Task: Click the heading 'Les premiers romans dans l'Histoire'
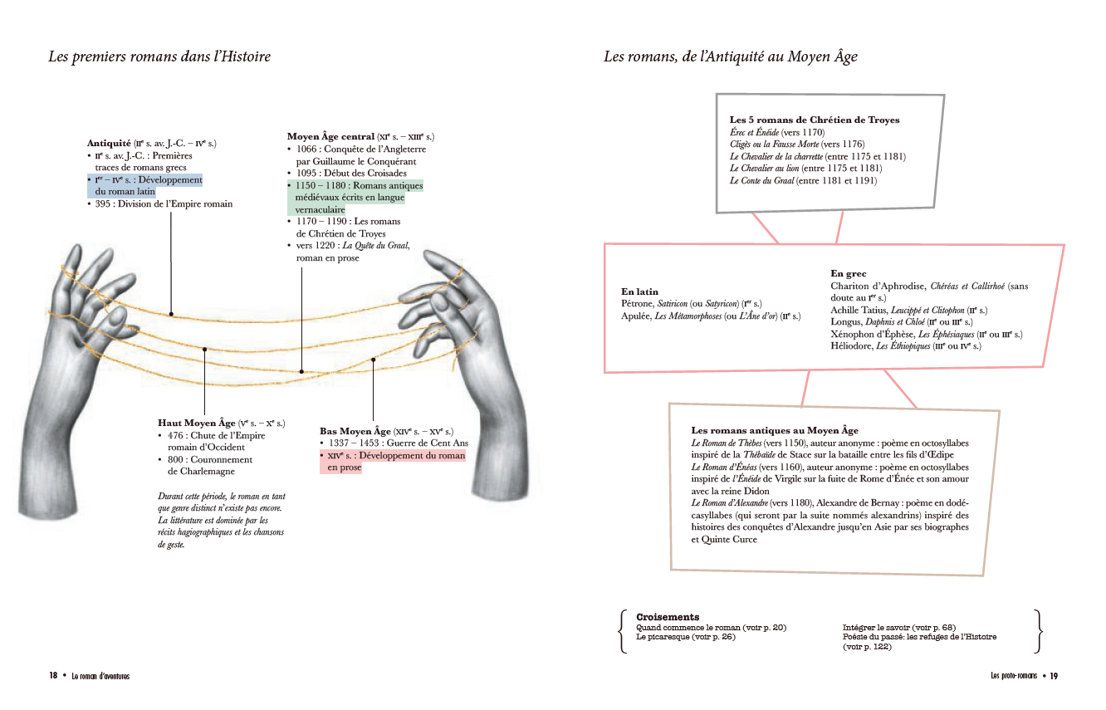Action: click(x=159, y=56)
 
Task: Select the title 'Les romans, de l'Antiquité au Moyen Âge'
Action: click(x=730, y=56)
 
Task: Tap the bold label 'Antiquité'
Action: click(x=109, y=143)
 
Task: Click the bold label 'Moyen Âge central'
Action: click(x=330, y=137)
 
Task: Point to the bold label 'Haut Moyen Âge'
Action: click(x=197, y=424)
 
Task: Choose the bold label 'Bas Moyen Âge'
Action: click(x=355, y=431)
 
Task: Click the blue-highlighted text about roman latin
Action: click(x=145, y=186)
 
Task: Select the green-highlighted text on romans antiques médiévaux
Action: click(x=355, y=198)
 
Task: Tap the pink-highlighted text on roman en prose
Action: click(x=393, y=461)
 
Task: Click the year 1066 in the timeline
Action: click(x=306, y=149)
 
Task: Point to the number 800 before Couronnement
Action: click(x=175, y=460)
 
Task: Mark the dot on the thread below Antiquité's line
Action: click(x=171, y=314)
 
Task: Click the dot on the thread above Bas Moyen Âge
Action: click(x=374, y=360)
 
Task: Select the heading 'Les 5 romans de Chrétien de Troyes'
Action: click(x=815, y=120)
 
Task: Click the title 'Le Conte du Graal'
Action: click(x=762, y=181)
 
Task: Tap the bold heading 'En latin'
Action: click(x=639, y=291)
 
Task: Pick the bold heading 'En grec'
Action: click(x=849, y=273)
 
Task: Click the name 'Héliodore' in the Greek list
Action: click(x=851, y=346)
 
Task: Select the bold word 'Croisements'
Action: click(x=668, y=617)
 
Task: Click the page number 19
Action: click(x=1054, y=676)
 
